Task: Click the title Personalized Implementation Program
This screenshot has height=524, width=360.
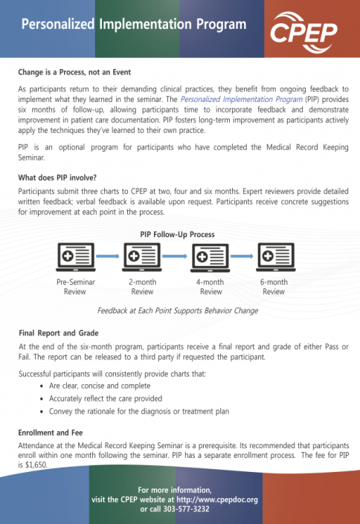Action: pos(133,25)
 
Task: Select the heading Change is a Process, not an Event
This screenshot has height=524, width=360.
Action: pos(74,72)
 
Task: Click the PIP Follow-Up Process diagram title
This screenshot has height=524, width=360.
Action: pos(177,234)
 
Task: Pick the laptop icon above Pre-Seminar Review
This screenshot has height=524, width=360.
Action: pos(75,258)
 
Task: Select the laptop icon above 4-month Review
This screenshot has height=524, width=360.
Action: pos(210,258)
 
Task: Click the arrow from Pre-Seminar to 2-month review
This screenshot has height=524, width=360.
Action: pos(109,258)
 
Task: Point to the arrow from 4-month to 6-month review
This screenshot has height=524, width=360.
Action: pos(242,258)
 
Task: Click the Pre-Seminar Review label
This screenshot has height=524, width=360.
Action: pos(75,287)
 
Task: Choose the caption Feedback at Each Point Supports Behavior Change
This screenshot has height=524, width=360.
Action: pos(178,311)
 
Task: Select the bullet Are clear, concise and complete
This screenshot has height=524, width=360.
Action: pos(100,386)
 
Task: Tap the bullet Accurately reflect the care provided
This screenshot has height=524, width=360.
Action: pos(106,398)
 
